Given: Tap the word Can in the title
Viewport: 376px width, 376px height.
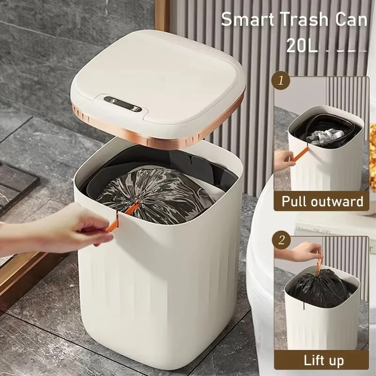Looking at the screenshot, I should pos(349,19).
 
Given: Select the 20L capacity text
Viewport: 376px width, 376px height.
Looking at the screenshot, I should pos(302,46).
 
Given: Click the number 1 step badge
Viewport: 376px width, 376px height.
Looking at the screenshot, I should pos(281,80).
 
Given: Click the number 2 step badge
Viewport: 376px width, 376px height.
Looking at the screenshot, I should pos(281,241).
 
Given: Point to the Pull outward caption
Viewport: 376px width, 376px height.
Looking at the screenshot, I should pos(322,201).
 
